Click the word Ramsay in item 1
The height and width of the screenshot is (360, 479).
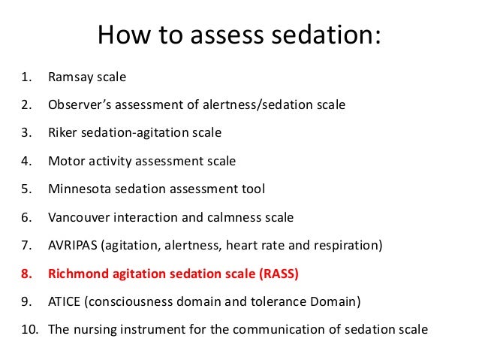point(71,77)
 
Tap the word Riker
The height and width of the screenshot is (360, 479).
point(63,133)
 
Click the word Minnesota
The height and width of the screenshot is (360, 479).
point(79,189)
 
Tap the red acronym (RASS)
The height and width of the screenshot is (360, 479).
point(279,274)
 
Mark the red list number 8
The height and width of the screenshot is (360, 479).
point(26,274)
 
